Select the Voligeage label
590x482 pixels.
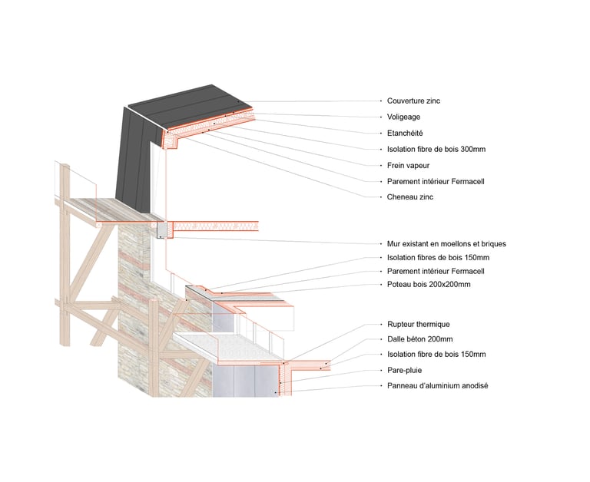(x=403, y=117)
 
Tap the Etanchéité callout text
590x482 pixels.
(x=405, y=133)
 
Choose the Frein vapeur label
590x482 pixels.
(x=406, y=165)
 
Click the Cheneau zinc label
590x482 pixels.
(x=409, y=197)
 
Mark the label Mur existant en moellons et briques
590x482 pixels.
(x=446, y=243)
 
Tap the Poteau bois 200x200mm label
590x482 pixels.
(x=429, y=285)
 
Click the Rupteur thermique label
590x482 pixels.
(x=419, y=325)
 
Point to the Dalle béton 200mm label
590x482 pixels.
(x=419, y=339)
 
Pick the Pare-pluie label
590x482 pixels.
(x=405, y=370)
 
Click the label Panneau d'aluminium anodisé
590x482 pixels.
(x=437, y=385)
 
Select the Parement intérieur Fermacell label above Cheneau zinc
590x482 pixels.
(x=436, y=181)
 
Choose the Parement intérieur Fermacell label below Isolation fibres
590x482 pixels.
(x=436, y=271)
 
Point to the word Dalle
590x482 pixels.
(x=396, y=339)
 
